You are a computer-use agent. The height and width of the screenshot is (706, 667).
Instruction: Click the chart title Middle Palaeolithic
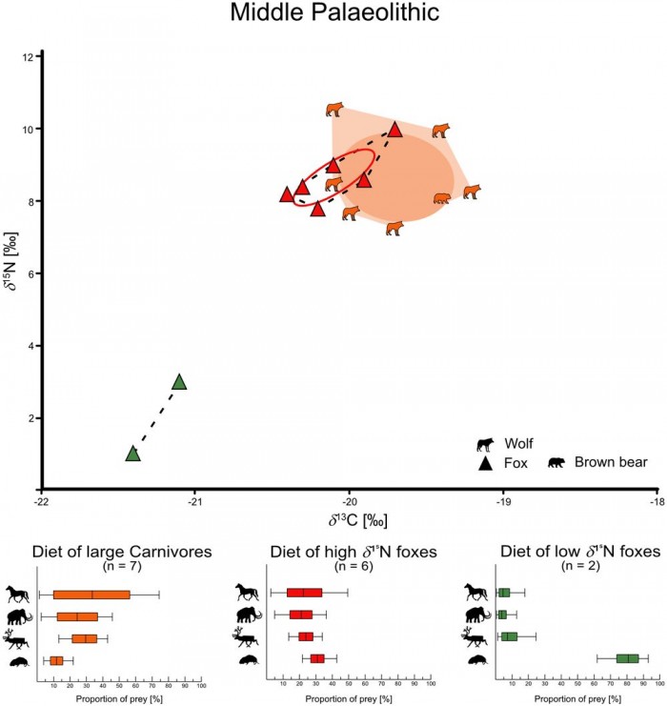333,14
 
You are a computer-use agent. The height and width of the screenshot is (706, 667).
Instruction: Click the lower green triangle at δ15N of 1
133,454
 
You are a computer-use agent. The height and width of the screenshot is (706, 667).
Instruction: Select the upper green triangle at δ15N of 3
179,382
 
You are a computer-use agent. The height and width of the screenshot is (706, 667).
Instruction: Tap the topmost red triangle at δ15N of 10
395,130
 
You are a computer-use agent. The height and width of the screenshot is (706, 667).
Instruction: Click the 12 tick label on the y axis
28,57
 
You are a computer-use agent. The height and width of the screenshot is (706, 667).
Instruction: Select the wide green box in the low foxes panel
628,657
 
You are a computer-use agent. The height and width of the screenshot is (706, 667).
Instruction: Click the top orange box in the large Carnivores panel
91,595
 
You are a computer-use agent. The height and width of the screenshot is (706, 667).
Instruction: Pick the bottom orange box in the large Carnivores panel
56,660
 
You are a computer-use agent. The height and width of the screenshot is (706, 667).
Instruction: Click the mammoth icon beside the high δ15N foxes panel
246,615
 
